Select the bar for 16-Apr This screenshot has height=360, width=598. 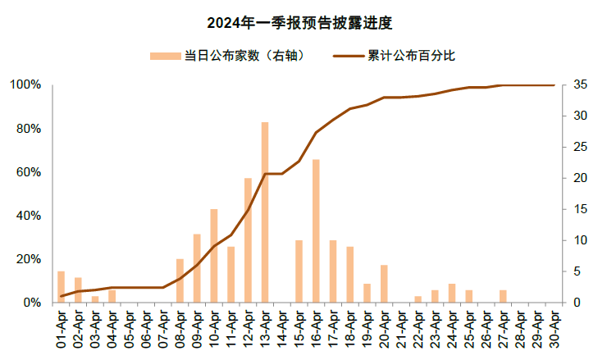coord(316,230)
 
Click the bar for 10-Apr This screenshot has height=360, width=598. coord(214,255)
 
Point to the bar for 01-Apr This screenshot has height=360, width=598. coord(61,286)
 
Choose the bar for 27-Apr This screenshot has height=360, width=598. coord(503,296)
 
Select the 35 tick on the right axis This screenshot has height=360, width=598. coord(579,85)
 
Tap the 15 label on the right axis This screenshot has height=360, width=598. coord(579,209)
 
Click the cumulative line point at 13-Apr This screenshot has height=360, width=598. coord(265,174)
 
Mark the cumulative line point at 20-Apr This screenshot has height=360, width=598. coord(384,98)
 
